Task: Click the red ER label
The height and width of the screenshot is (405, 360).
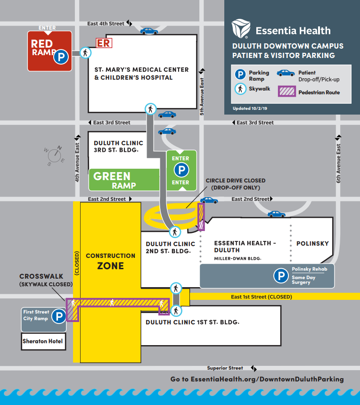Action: [104, 43]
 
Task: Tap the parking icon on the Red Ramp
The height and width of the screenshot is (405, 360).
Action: [61, 58]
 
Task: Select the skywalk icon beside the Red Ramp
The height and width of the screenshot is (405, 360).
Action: [85, 52]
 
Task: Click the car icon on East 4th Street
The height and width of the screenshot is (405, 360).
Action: [149, 31]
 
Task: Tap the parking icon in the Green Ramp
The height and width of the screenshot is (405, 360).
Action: [180, 170]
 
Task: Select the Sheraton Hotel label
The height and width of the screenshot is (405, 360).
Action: [42, 341]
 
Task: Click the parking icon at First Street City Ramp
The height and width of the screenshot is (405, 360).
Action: [58, 316]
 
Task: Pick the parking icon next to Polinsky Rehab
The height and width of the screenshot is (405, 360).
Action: [281, 276]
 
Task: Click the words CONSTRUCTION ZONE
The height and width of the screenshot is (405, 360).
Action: [110, 261]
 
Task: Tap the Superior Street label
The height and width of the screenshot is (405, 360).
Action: [225, 368]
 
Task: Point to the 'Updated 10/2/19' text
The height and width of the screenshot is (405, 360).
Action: [249, 108]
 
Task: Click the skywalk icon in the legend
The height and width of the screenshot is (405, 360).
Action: [240, 89]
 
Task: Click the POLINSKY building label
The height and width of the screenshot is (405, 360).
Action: [312, 244]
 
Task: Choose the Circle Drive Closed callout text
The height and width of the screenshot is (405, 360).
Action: [235, 184]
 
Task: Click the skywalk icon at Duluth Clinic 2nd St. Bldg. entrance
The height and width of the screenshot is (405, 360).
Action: [175, 231]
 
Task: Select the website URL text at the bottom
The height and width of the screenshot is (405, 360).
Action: [257, 379]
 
